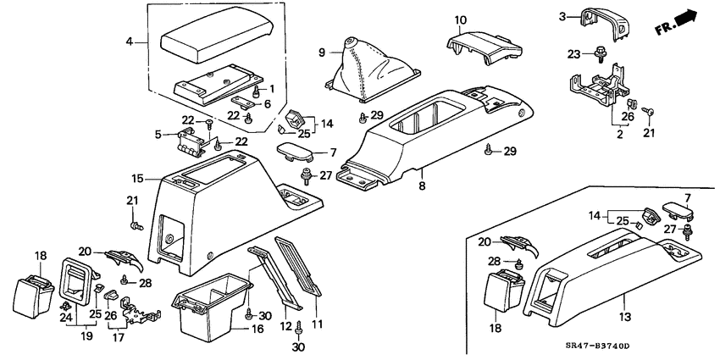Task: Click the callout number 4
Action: [x=130, y=41]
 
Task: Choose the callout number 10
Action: [x=460, y=19]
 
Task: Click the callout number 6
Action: [x=268, y=103]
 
